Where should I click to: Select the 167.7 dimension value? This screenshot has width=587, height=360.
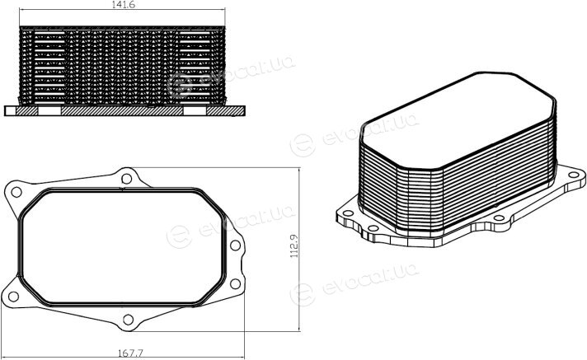point(130,353)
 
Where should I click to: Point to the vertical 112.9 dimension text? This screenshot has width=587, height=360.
point(293,245)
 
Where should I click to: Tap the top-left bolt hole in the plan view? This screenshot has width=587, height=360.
point(16,192)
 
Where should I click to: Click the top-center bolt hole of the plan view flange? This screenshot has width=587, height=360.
point(126,179)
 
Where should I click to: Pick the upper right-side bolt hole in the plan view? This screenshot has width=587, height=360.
point(235,245)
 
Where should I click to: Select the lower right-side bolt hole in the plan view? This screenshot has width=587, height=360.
point(235,283)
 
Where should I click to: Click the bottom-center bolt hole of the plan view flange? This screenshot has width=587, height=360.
point(128,320)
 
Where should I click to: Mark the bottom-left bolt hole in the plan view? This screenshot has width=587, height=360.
point(13,297)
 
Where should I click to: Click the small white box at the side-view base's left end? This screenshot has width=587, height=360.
point(11,110)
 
